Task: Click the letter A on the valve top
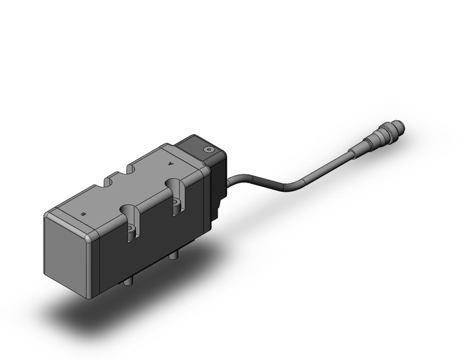point(171,164)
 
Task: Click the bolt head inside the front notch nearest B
point(132,234)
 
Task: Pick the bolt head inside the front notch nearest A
point(178,208)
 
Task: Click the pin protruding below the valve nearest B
point(129,280)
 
